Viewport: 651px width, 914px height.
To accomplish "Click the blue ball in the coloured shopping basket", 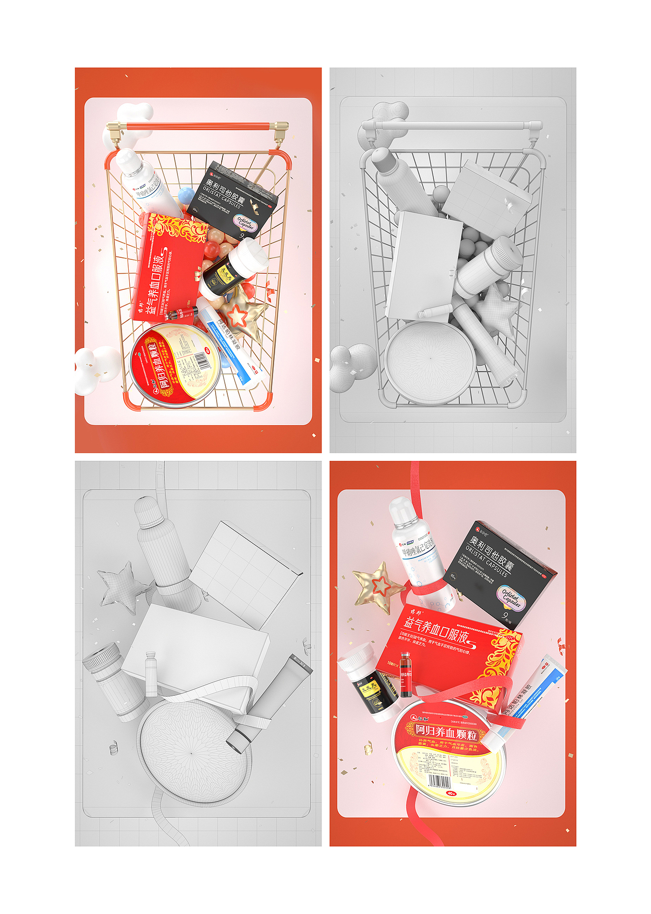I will (187, 195).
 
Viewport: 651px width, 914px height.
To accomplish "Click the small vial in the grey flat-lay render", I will (151, 674).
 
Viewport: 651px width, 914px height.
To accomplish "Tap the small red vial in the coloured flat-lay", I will (405, 673).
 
